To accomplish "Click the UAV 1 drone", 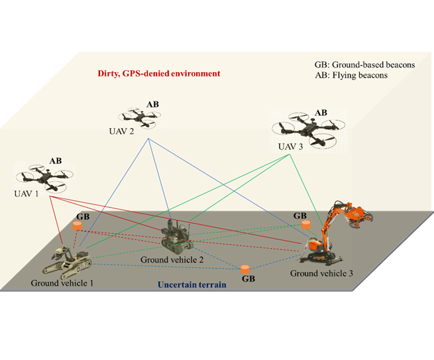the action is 44,178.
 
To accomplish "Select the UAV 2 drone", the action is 140,117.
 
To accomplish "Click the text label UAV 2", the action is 121,131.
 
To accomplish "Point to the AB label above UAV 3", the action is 321,113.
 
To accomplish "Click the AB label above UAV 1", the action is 56,161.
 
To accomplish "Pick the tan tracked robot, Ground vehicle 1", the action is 67,263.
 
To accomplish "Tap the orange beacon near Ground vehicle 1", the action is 78,225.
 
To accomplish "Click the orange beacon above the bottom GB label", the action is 245,269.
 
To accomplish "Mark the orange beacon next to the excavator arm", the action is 305,224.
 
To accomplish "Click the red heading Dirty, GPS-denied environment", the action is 159,74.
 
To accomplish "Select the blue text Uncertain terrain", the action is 191,284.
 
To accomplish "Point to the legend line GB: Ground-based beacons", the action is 364,65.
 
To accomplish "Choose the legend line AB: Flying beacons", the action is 351,76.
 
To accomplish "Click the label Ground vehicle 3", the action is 321,274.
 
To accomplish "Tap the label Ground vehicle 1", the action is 62,283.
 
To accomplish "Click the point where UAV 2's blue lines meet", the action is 148,139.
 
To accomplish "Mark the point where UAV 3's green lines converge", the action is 290,154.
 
